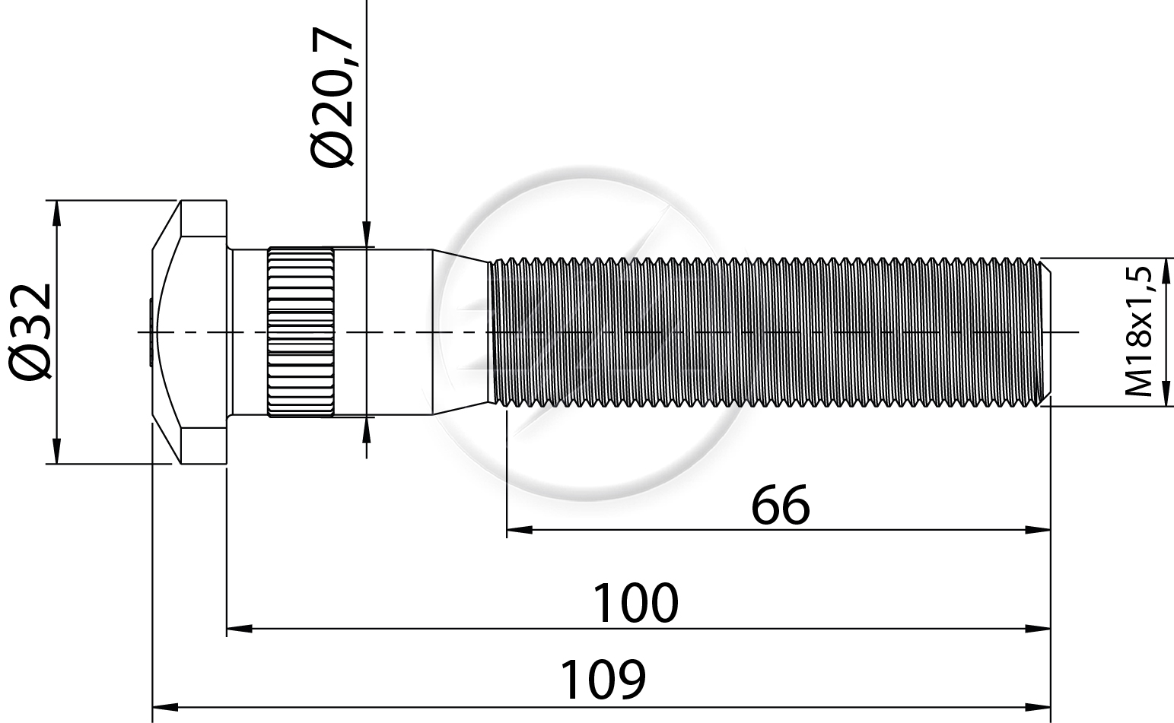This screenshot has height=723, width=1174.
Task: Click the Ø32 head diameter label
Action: (x=30, y=332)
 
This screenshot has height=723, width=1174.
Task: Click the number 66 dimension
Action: (x=781, y=506)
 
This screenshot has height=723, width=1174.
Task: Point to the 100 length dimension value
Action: (x=635, y=604)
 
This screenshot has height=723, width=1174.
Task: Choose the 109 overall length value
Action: (x=603, y=680)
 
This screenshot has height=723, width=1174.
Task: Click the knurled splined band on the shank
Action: (x=301, y=332)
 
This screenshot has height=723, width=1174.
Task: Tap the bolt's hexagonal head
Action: (x=189, y=332)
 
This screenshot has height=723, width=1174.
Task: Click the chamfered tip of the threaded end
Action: (x=1045, y=332)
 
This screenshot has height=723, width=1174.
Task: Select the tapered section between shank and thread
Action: (x=462, y=332)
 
